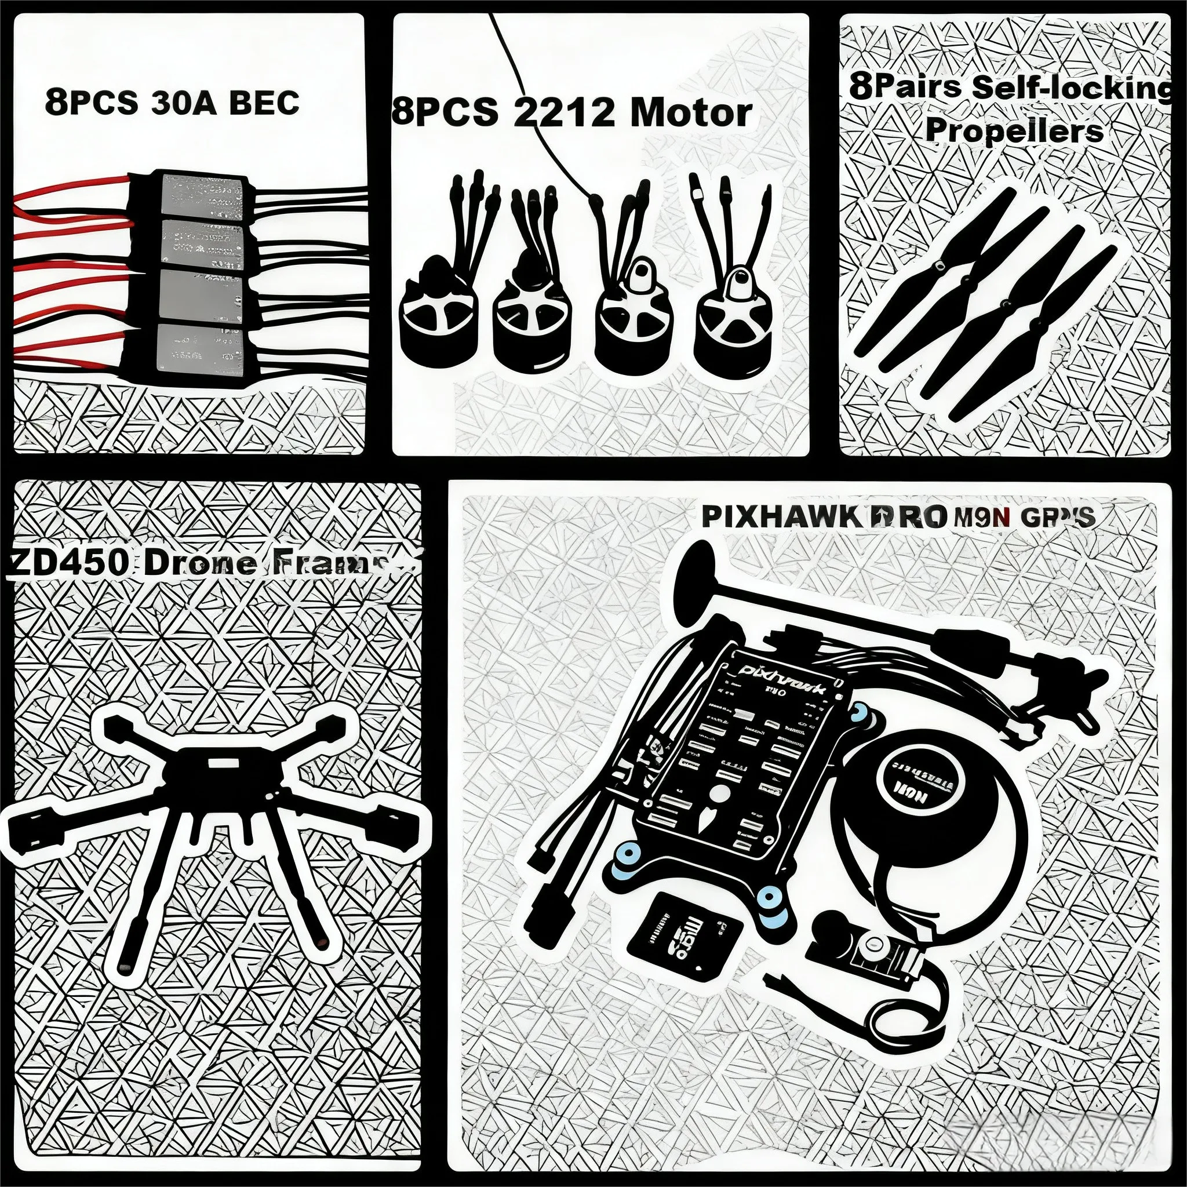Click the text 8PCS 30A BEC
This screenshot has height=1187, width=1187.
tap(172, 103)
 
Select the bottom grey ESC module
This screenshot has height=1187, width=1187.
tap(198, 348)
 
